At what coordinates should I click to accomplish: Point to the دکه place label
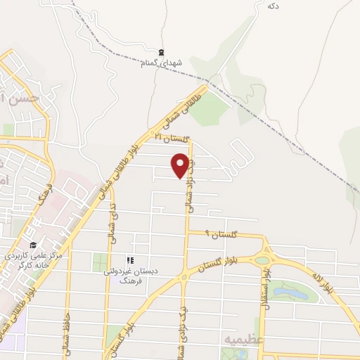tap(274, 6)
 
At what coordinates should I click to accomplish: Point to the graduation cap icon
tap(32, 244)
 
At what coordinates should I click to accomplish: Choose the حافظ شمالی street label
tap(68, 327)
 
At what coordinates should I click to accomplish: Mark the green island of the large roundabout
tap(262, 260)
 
